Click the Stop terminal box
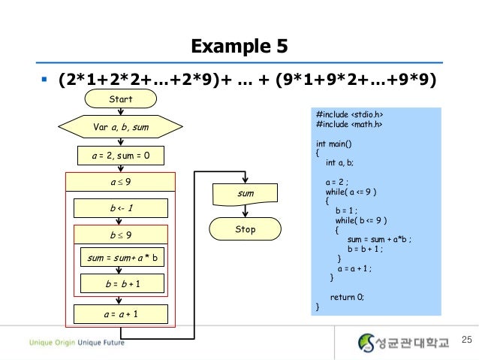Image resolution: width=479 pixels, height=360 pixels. [246, 228]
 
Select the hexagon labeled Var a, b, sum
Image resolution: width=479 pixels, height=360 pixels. [120, 127]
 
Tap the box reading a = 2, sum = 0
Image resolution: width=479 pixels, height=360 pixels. [120, 156]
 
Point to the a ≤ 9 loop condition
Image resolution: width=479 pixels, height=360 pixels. [120, 182]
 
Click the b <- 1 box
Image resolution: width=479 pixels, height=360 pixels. [120, 207]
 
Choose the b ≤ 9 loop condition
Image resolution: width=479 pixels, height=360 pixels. [120, 234]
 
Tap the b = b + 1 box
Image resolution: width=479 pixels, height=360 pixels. [120, 284]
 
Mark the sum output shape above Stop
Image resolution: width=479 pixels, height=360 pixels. [246, 195]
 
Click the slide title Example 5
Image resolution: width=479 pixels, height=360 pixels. [239, 47]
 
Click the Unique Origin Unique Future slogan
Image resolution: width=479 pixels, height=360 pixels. [77, 343]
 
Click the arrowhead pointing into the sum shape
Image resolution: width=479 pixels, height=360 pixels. [246, 185]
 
